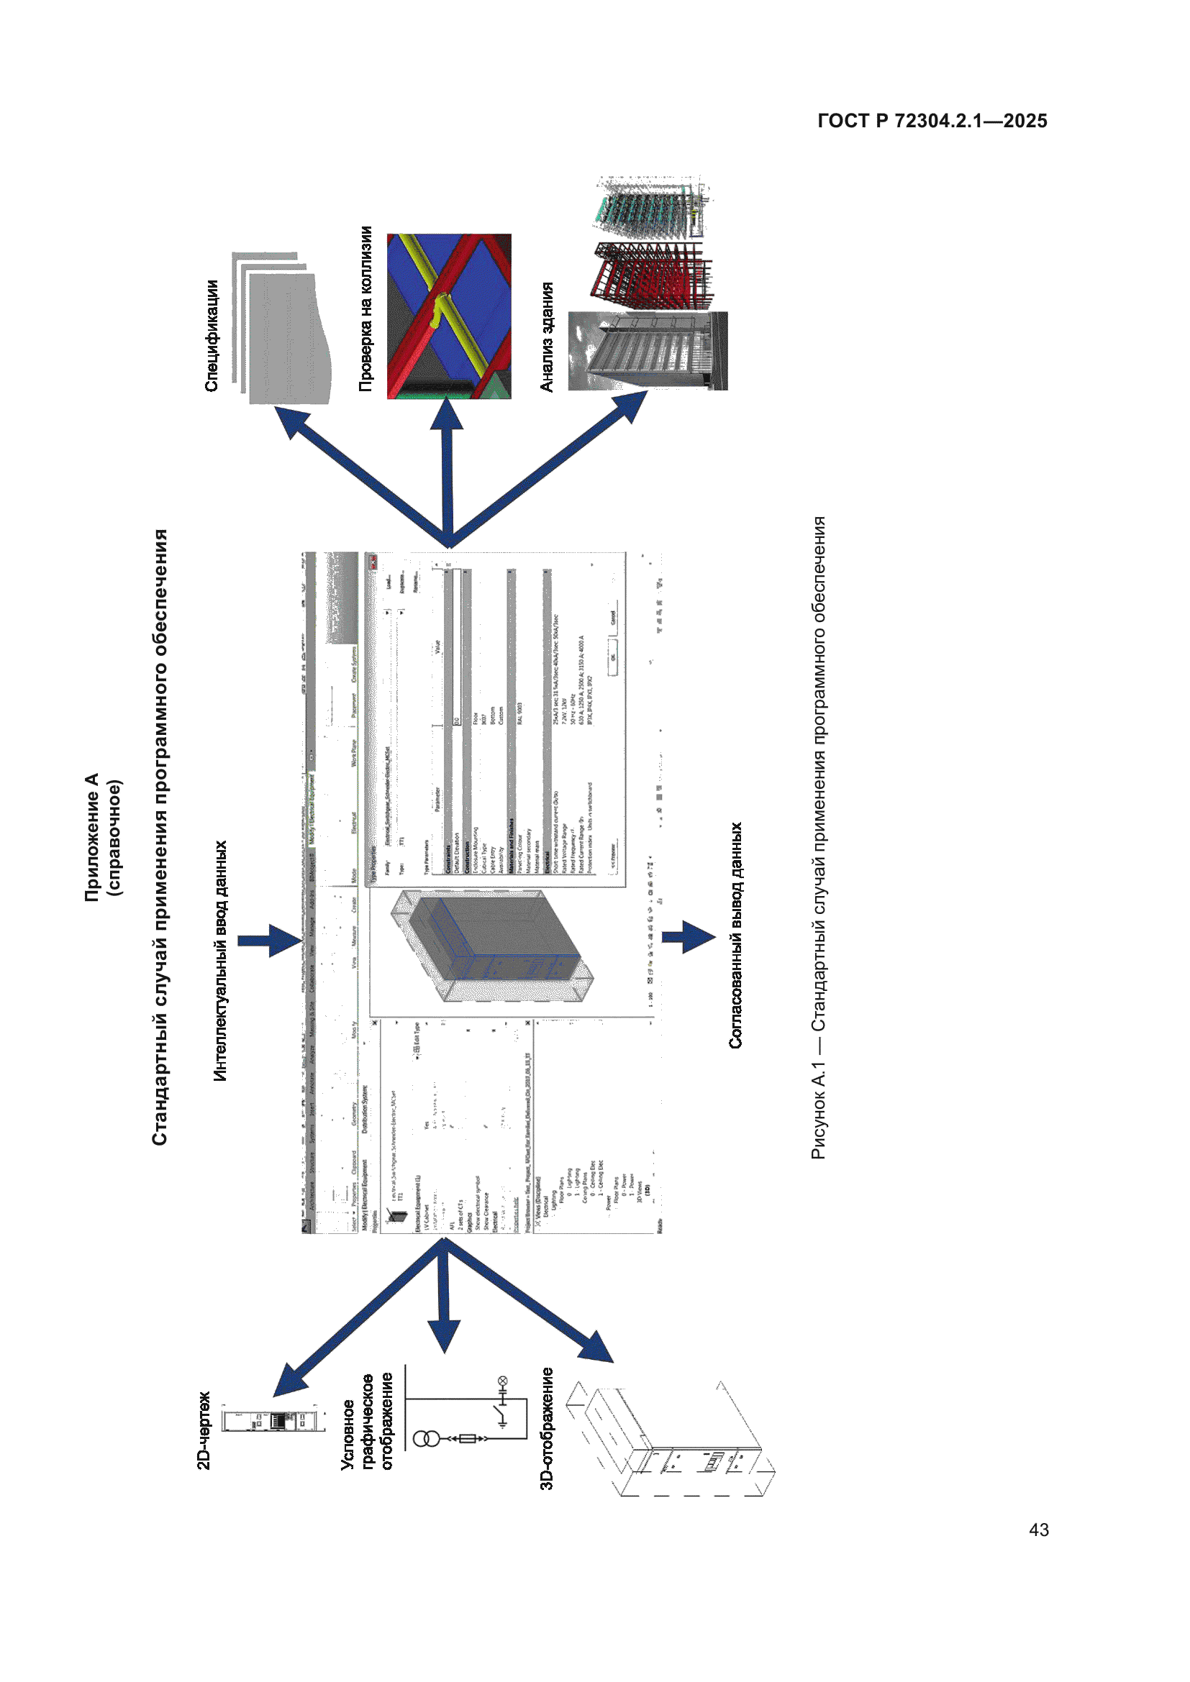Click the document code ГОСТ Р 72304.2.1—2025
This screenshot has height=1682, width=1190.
pos(931,121)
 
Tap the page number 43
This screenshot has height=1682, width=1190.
pos(1038,1530)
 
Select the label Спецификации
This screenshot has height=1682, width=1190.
pos(211,337)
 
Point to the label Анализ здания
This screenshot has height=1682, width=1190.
pos(547,337)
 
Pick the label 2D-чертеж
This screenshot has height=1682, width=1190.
pos(204,1430)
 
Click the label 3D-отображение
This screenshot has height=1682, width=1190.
pos(547,1428)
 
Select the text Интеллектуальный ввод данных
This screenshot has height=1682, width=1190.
pos(220,961)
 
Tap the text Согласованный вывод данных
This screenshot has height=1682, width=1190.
pos(735,935)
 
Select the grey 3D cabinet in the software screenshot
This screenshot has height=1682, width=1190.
pos(491,945)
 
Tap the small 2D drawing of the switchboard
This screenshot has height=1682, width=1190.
pos(273,1420)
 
